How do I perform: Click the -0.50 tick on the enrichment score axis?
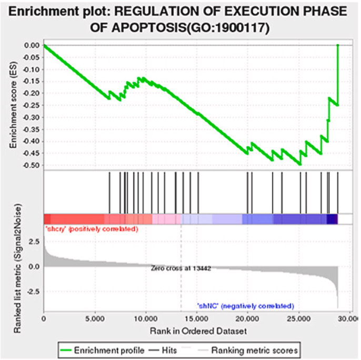(32, 165)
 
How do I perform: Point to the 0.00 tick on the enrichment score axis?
(32, 45)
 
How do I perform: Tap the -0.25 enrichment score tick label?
(32, 105)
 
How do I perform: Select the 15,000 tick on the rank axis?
(197, 318)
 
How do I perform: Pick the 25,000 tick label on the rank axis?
(299, 318)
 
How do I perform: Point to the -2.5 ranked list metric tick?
(32, 291)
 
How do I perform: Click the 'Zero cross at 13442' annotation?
(181, 268)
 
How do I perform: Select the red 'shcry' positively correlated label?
(92, 229)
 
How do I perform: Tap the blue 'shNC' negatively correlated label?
(245, 305)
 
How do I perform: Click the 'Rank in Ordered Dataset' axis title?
(190, 331)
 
